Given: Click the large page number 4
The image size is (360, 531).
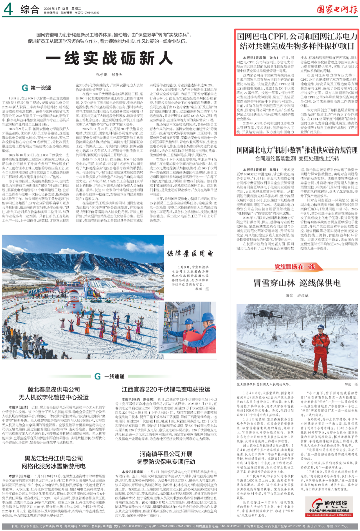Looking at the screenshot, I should coord(8,9).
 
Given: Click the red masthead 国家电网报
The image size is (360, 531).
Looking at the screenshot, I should coord(337,9).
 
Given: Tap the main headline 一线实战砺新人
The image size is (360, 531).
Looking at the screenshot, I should coord(109,58).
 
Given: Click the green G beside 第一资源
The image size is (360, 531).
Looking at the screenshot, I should coord(25,88).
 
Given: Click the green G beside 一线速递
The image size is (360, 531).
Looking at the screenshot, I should coord(98,376).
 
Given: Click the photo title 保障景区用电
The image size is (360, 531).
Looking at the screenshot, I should coord(190,253).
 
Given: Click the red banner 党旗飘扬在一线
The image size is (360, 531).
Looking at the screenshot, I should coord(294,267).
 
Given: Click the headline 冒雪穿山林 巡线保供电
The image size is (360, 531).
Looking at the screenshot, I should coord(297,283).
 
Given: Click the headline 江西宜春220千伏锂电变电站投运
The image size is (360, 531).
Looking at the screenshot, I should coord(166,389).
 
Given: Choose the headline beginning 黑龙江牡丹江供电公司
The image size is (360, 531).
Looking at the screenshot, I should coord(54,462).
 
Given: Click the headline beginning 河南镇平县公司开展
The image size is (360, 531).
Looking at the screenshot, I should coord(166,458).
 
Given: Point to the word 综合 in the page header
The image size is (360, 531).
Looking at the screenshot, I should coord(30,9).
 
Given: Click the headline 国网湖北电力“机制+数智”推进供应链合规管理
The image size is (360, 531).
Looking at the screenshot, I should coord(297,150).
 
